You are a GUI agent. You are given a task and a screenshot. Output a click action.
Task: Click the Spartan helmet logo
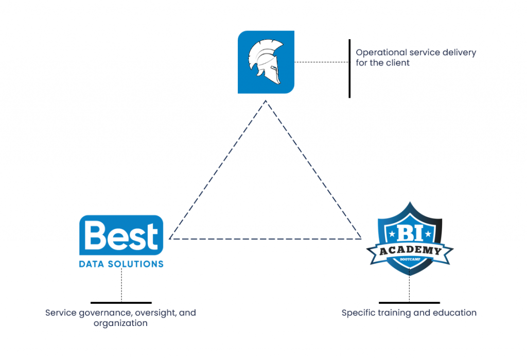[266, 62]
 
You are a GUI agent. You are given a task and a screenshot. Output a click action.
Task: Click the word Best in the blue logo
[121, 236]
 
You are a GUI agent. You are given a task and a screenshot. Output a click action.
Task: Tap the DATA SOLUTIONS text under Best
[121, 264]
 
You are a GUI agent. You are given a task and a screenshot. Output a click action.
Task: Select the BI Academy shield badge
[410, 239]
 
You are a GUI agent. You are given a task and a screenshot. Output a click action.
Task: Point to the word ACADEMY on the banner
[410, 251]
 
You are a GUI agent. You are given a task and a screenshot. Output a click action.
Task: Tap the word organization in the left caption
[120, 323]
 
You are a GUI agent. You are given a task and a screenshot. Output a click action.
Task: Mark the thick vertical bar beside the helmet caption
[349, 68]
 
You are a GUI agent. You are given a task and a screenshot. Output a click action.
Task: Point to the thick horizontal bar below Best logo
[121, 303]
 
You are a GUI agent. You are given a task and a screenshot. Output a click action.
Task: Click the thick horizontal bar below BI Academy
[409, 303]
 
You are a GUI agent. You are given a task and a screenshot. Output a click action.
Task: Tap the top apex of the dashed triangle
[266, 101]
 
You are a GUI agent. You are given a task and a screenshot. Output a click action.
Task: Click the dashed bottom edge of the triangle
[265, 238]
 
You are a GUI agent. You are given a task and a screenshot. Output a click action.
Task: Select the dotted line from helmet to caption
[321, 62]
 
